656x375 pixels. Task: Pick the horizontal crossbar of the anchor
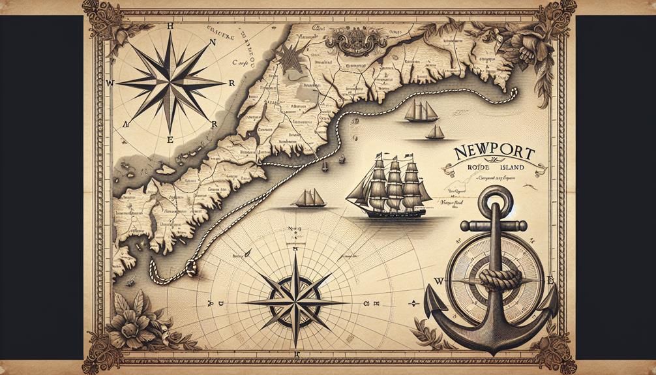coord(494,226)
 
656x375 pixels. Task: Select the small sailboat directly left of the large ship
coord(308,198)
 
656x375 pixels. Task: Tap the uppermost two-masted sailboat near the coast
coord(420,112)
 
